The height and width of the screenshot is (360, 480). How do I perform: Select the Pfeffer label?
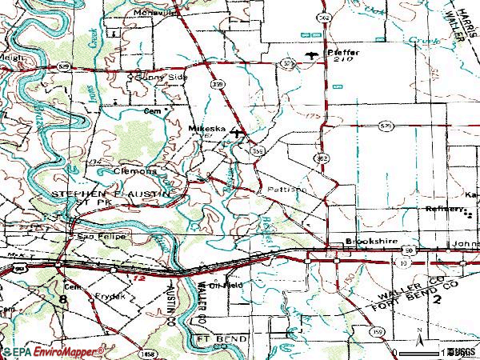[344, 54]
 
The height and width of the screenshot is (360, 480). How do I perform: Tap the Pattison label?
[274, 190]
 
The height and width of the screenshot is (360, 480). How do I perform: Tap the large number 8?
[62, 298]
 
